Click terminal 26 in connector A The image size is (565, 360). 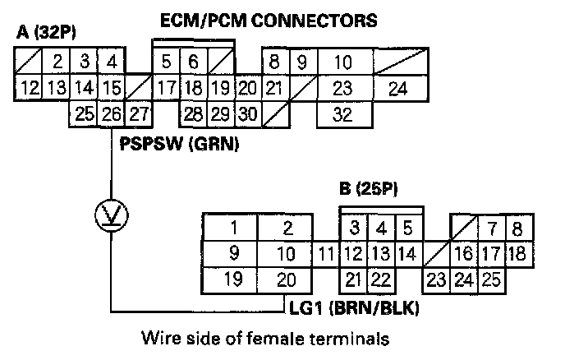pyautogui.click(x=111, y=114)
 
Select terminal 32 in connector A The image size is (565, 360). pyautogui.click(x=343, y=114)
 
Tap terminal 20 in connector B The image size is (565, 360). pyautogui.click(x=285, y=279)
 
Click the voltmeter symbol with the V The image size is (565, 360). pyautogui.click(x=109, y=215)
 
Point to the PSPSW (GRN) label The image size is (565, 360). pyautogui.click(x=178, y=146)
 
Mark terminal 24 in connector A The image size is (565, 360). pyautogui.click(x=397, y=87)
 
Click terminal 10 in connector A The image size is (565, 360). pyautogui.click(x=343, y=61)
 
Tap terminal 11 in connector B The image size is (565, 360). pyautogui.click(x=327, y=253)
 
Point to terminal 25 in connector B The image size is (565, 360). pyautogui.click(x=491, y=279)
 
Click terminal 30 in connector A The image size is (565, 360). pyautogui.click(x=248, y=114)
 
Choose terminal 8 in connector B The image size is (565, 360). pyautogui.click(x=516, y=228)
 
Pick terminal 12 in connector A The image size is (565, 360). pyautogui.click(x=29, y=87)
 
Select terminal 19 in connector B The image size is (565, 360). pyautogui.click(x=232, y=279)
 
